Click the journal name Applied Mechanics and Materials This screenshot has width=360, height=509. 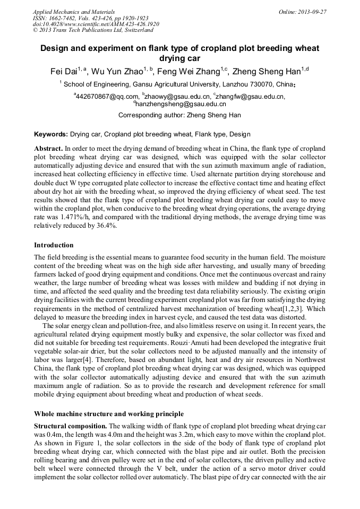click(x=74, y=12)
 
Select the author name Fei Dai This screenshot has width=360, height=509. click(x=63, y=72)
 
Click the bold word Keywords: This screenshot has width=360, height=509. click(x=51, y=134)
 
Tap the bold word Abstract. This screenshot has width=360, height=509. click(x=48, y=149)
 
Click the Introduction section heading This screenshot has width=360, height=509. click(x=54, y=245)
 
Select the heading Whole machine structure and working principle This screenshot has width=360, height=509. click(x=109, y=413)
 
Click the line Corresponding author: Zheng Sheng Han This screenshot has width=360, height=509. click(x=179, y=115)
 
